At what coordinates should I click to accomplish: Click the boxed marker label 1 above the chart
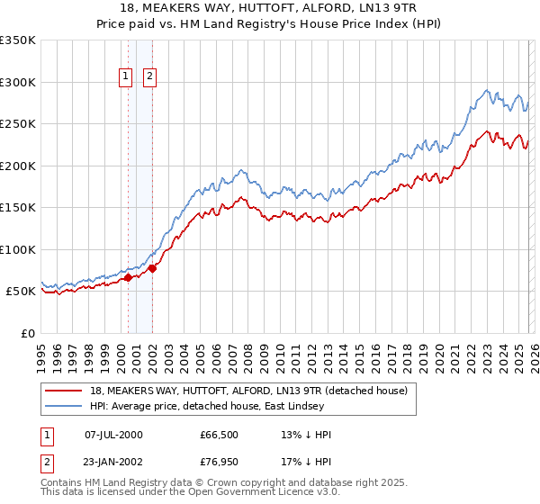pyautogui.click(x=125, y=77)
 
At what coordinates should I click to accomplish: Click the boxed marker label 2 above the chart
pyautogui.click(x=149, y=77)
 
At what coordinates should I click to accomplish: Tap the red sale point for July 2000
pyautogui.click(x=128, y=277)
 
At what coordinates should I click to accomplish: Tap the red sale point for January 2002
pyautogui.click(x=152, y=268)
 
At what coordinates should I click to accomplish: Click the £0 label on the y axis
pyautogui.click(x=27, y=333)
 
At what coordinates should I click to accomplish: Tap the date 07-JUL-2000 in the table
pyautogui.click(x=113, y=435)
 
